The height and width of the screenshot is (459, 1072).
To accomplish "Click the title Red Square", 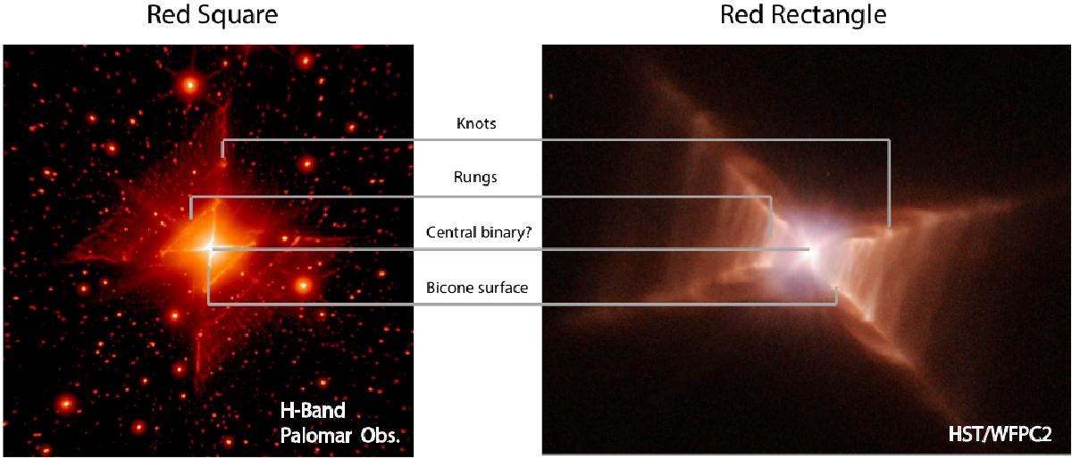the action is (212, 15).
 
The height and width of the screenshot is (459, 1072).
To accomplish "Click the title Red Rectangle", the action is (803, 15).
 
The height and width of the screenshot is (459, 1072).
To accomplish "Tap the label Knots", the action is (476, 123).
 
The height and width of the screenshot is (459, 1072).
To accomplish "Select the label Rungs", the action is (475, 178).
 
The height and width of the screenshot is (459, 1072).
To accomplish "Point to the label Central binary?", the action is (479, 232).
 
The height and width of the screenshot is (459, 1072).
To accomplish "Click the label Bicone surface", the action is (477, 288).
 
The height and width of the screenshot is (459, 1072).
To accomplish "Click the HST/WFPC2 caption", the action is (1000, 435).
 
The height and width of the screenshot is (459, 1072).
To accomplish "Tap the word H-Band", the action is (313, 411).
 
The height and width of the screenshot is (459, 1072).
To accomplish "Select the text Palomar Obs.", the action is (339, 436).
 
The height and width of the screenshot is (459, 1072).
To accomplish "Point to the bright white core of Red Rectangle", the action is (810, 252).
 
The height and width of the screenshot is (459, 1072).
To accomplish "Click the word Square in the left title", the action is (238, 15).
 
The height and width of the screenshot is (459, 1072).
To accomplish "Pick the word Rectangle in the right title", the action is (829, 15).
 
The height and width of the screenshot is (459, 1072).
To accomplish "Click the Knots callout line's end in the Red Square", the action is (222, 156).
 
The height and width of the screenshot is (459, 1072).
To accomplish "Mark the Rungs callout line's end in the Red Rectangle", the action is (770, 236).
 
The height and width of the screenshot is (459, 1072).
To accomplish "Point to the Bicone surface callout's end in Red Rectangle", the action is (836, 288).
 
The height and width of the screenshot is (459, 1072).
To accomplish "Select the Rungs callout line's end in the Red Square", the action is (191, 218).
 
